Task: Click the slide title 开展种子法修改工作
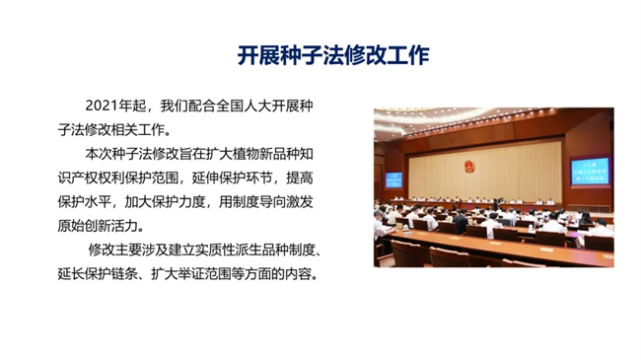[x=333, y=55]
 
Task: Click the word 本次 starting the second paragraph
[x=99, y=154]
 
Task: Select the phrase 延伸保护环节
[x=232, y=178]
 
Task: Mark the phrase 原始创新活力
[x=98, y=226]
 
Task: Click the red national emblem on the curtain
[x=469, y=166]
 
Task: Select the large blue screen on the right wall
[x=590, y=172]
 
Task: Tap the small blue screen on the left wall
[x=394, y=180]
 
